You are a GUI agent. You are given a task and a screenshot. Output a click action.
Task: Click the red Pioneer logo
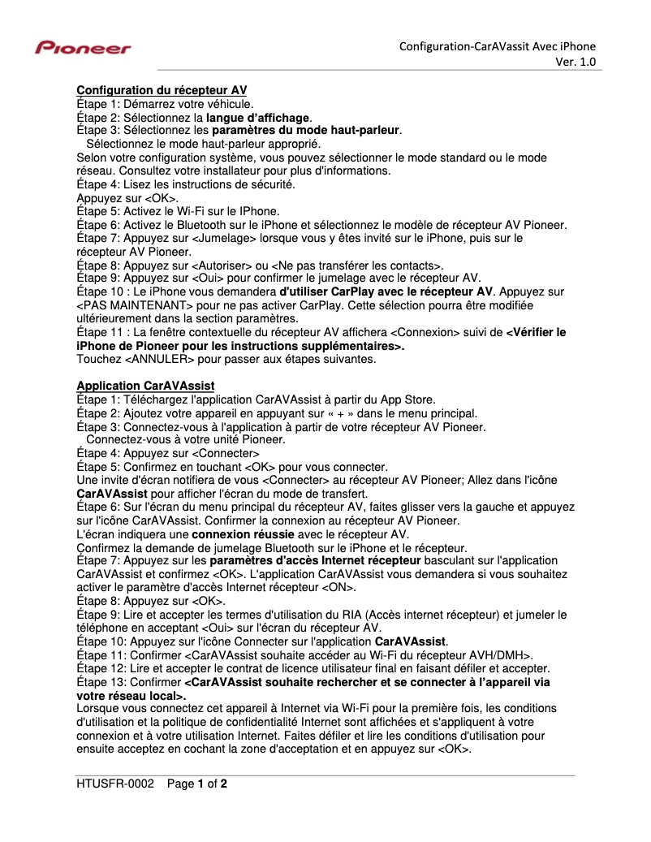[x=83, y=49]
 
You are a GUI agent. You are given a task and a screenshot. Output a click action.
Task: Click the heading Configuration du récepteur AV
[x=162, y=89]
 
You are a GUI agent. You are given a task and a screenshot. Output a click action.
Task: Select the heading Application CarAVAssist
[x=145, y=384]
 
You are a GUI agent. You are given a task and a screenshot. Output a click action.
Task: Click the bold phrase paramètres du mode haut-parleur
[x=306, y=130]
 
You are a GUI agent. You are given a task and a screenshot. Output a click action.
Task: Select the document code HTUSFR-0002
[x=114, y=784]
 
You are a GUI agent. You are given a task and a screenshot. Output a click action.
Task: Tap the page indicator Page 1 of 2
[x=197, y=784]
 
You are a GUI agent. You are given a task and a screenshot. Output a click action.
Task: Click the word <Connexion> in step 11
[x=425, y=332]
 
